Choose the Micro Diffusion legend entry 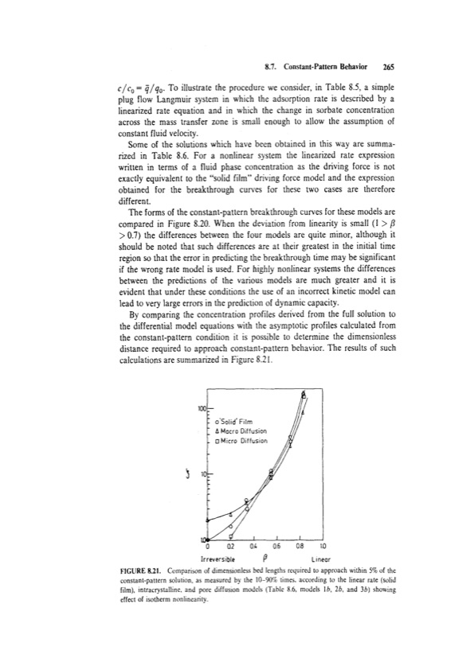point(241,440)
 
